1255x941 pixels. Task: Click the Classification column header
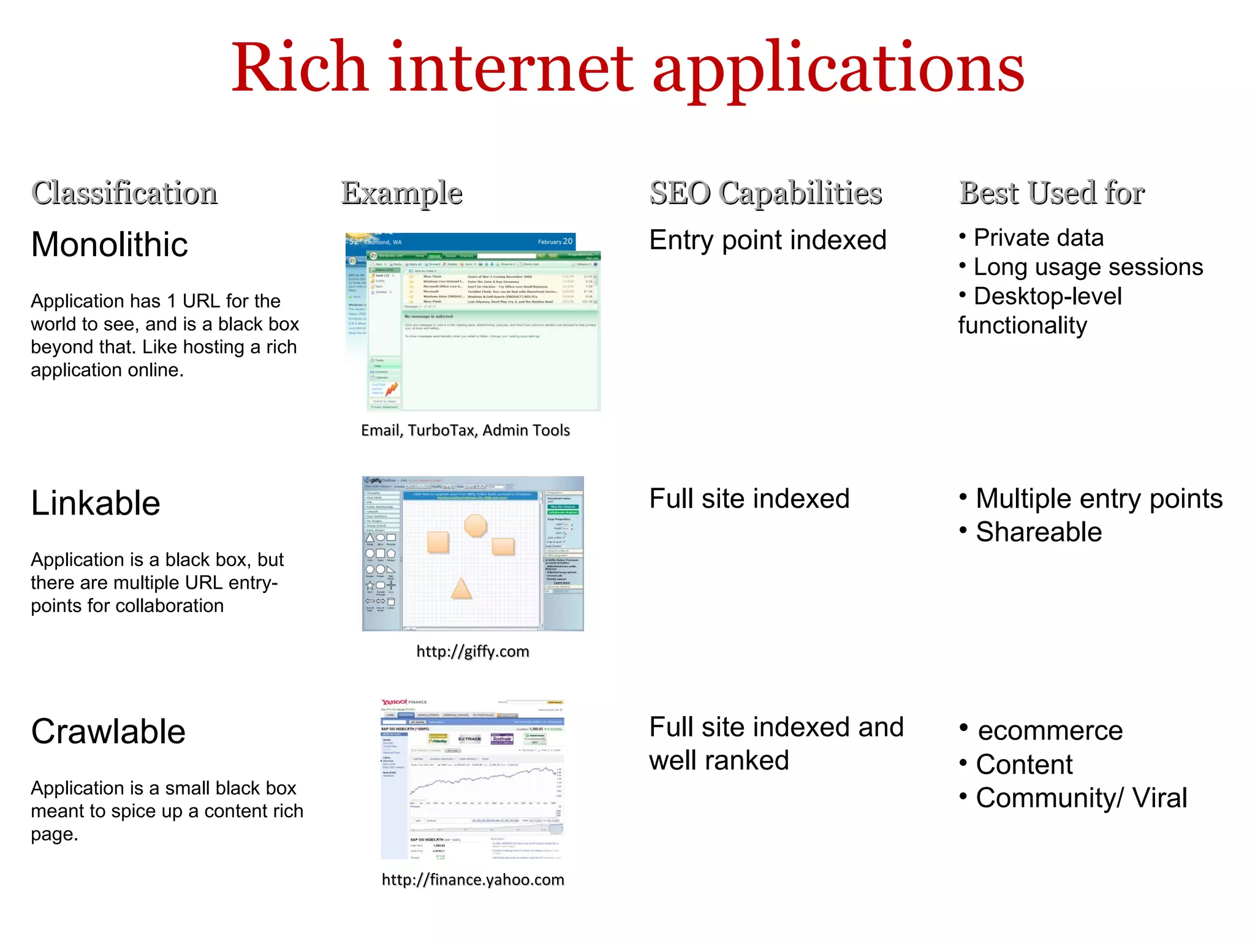[x=124, y=193]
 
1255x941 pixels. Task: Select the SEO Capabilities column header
[x=765, y=193]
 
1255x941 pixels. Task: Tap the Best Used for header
[x=1052, y=193]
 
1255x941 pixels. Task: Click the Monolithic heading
[x=110, y=244]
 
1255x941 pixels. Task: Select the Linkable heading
[x=96, y=504]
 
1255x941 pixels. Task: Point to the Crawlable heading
[x=108, y=731]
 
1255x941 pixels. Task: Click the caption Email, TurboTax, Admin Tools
[x=465, y=430]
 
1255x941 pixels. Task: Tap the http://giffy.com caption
[x=472, y=651]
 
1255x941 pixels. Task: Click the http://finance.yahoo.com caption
[x=472, y=880]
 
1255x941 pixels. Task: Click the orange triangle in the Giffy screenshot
[x=461, y=588]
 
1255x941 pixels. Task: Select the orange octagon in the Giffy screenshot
[x=476, y=526]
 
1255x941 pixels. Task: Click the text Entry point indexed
[x=768, y=240]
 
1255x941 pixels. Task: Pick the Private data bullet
[x=1038, y=238]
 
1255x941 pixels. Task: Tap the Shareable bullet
[x=1038, y=532]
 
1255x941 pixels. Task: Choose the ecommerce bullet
[x=1050, y=731]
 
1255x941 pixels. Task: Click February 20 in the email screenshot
[x=555, y=241]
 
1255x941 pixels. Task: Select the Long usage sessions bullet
[x=1088, y=267]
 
